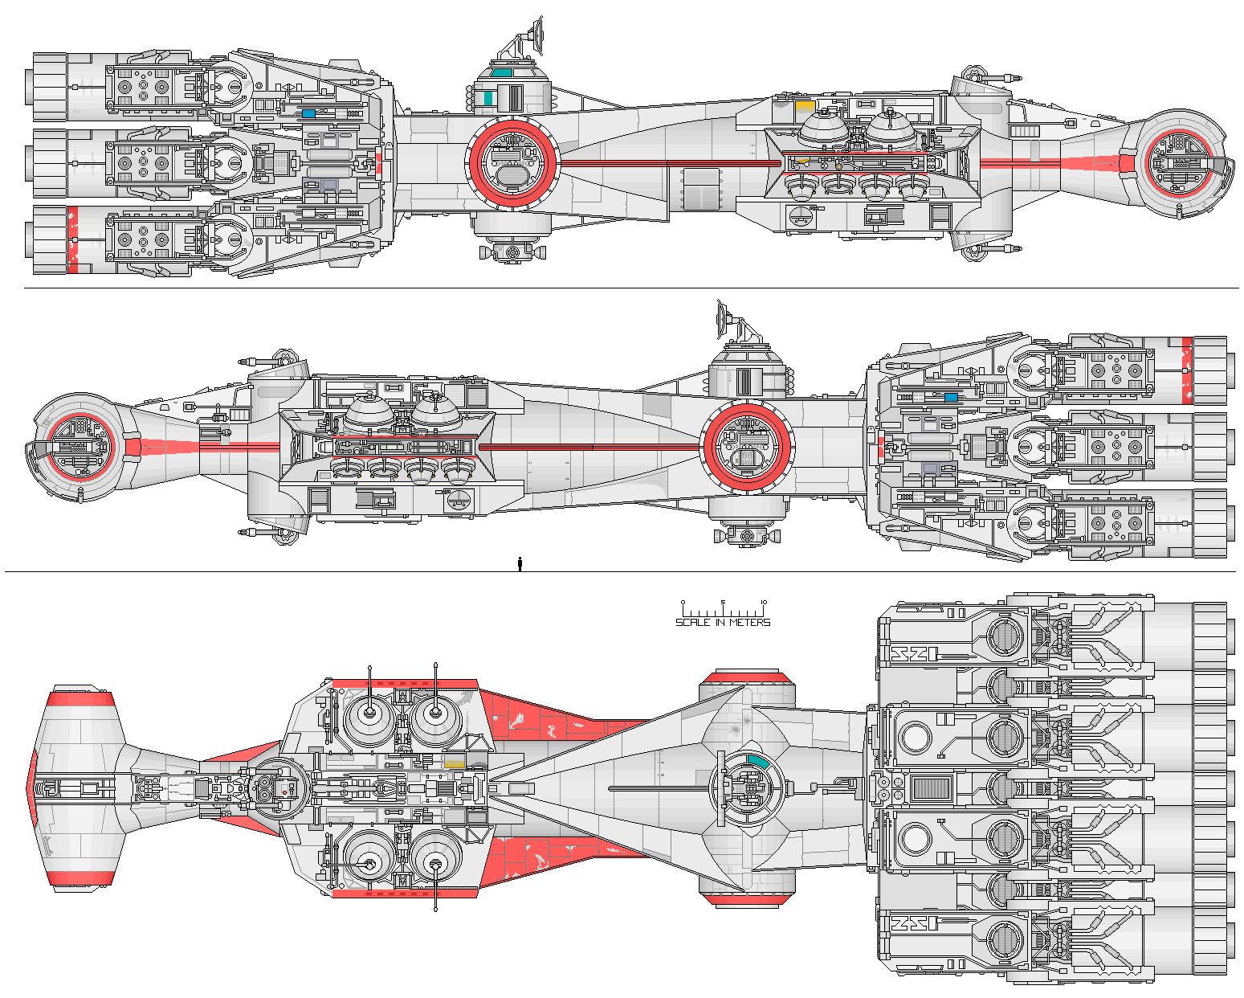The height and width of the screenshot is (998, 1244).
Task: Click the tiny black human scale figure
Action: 520,563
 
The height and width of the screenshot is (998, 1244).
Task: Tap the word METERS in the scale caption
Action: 749,623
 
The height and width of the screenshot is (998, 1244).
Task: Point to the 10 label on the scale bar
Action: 763,603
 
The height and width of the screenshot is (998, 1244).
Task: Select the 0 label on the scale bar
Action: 683,603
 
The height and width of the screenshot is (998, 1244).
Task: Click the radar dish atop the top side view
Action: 533,33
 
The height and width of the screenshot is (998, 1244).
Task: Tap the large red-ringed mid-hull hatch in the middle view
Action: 748,448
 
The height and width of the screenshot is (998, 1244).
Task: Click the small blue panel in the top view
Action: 309,113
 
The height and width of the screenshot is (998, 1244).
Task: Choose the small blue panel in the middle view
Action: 950,397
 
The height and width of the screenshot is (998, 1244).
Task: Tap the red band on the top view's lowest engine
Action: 72,239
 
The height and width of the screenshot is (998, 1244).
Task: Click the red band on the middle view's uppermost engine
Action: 1186,370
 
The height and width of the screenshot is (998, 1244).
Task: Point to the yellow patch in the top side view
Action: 805,105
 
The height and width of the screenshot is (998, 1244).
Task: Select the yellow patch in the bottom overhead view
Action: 455,763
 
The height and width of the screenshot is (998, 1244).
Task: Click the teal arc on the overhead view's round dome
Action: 757,760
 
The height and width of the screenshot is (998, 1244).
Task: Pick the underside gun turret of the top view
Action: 512,252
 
